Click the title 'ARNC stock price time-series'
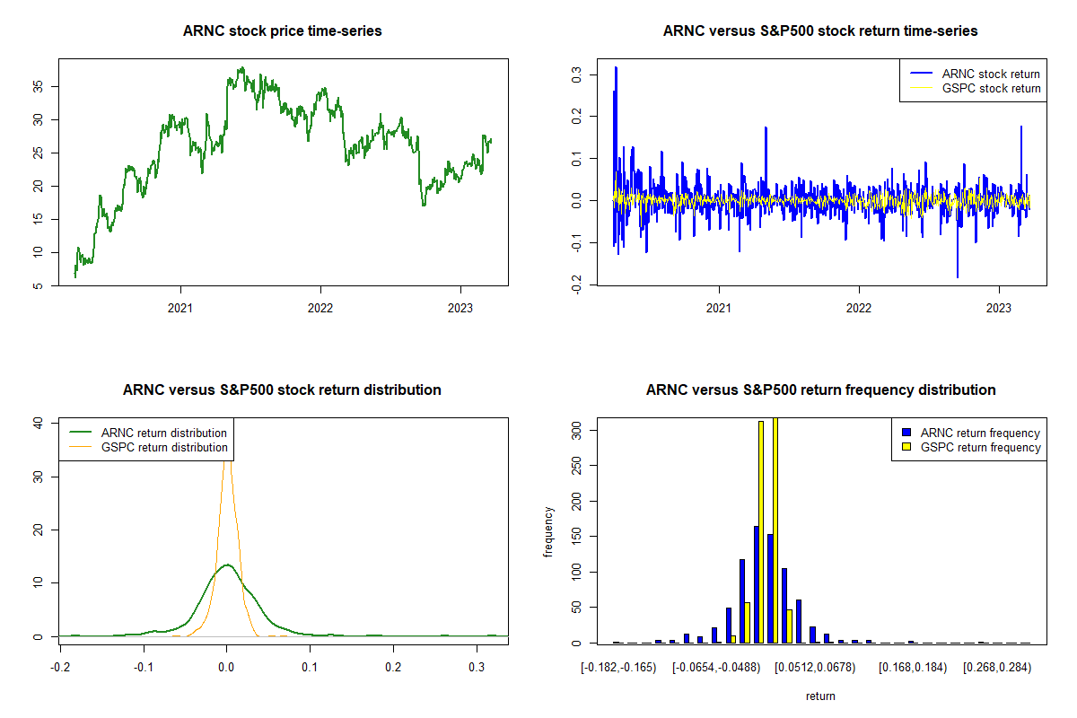pos(282,31)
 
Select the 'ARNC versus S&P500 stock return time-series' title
pos(819,31)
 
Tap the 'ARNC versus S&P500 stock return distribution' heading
pos(282,390)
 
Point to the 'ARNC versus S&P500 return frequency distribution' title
pos(820,390)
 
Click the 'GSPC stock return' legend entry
pos(991,89)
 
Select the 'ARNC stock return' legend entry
pos(991,74)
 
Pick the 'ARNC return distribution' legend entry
pos(164,433)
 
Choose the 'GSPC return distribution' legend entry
pos(164,447)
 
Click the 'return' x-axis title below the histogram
pos(820,696)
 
